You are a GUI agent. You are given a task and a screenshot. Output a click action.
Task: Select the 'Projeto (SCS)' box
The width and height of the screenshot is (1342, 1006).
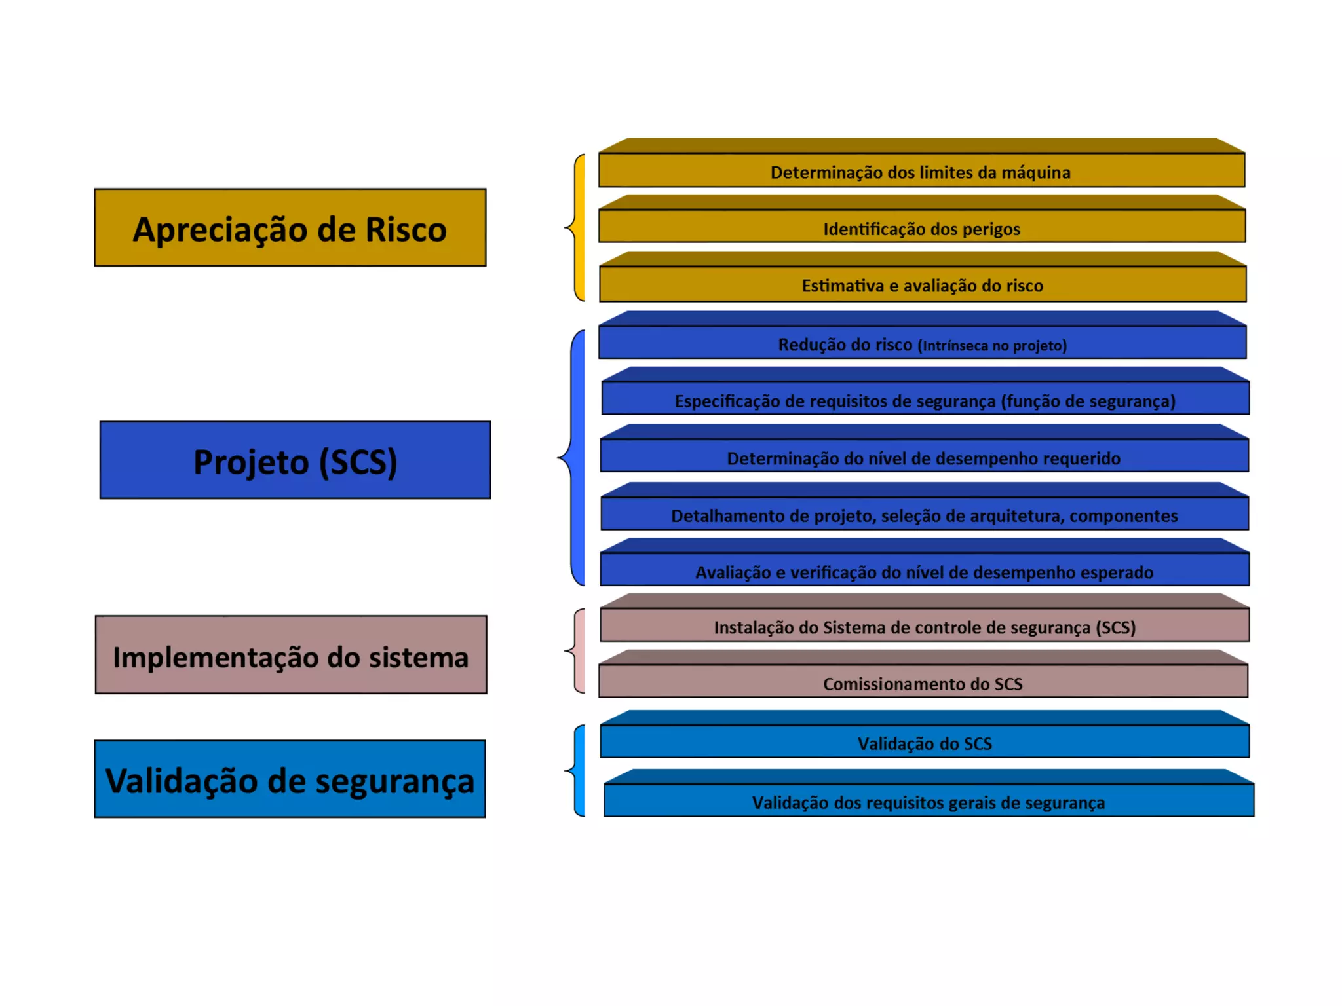point(295,460)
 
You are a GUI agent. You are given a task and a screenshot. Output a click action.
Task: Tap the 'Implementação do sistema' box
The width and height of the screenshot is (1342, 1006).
point(291,655)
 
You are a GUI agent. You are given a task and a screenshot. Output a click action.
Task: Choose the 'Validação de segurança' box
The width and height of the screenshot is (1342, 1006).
point(290,779)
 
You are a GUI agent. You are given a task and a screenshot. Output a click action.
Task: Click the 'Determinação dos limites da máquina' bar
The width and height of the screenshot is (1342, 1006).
point(921,171)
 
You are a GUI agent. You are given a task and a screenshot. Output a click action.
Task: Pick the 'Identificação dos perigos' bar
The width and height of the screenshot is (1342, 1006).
point(921,227)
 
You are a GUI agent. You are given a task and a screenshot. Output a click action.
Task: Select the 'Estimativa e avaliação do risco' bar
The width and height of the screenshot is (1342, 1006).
point(923,284)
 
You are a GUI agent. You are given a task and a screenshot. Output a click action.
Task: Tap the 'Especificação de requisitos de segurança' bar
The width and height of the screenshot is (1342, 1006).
point(925,399)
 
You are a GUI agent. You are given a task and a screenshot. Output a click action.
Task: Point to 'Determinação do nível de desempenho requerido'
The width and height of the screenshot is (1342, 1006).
point(924,456)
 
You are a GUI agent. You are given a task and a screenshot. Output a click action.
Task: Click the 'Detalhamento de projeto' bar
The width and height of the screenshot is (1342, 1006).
point(924,514)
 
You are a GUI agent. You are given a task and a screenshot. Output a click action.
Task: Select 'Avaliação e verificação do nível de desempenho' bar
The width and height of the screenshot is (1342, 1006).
point(924,570)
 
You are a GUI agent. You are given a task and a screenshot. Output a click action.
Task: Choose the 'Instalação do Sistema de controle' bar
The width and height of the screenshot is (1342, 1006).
point(924,626)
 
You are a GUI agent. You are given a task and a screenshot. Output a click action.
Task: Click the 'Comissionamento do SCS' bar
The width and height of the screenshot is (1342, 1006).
point(923,682)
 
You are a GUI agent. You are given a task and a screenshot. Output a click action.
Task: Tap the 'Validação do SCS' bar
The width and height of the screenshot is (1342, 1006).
point(925,742)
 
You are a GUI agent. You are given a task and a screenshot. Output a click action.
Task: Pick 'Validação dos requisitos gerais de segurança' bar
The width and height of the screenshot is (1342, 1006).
point(928,801)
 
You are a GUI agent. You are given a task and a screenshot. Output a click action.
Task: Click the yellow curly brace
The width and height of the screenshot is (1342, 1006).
point(577,227)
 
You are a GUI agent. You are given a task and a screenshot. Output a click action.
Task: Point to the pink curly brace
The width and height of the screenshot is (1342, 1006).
point(577,651)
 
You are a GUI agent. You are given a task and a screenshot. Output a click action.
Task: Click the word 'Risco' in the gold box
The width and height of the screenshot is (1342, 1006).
point(406,229)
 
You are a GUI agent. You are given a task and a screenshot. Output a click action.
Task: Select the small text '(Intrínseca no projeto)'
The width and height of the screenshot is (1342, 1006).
point(992,345)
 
